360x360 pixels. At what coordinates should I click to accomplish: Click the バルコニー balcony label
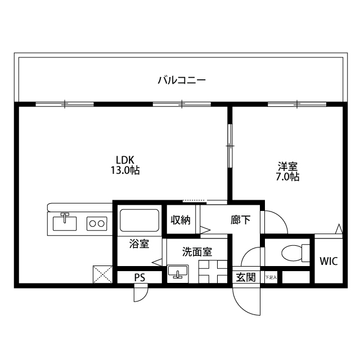click(x=181, y=80)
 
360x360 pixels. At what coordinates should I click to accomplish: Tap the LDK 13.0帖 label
click(x=124, y=164)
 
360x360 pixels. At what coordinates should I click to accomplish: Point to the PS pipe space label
click(x=139, y=277)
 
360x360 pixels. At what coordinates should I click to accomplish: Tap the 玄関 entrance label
click(x=245, y=277)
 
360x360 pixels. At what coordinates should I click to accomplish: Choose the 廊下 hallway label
click(x=240, y=220)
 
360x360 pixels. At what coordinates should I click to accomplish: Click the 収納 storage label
click(x=181, y=220)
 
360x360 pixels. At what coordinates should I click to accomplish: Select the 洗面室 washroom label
click(x=197, y=252)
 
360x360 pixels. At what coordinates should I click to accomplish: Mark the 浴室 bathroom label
click(x=139, y=244)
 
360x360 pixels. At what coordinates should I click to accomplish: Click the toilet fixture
click(x=293, y=253)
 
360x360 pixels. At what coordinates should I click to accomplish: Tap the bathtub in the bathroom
click(x=139, y=222)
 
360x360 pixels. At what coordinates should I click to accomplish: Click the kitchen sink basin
click(x=65, y=223)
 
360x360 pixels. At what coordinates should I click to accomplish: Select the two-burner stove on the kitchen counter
click(x=96, y=223)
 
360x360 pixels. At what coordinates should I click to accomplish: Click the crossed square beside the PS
click(x=103, y=274)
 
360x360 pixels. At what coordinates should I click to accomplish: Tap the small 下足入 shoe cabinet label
click(x=271, y=277)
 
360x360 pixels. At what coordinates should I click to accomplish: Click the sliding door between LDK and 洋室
click(x=229, y=145)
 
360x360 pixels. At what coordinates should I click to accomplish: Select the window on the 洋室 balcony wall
click(x=296, y=104)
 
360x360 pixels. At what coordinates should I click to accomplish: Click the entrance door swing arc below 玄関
click(x=247, y=301)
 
